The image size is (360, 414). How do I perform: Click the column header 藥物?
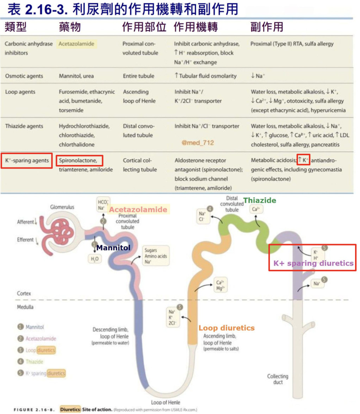click(70, 27)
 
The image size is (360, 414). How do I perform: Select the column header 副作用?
click(267, 27)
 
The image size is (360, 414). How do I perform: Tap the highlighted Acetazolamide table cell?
click(76, 44)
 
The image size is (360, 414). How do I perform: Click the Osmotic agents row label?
click(24, 76)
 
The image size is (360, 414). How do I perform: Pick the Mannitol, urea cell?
click(76, 76)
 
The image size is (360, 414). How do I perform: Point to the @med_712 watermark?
click(198, 143)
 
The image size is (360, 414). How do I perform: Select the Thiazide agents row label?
click(24, 126)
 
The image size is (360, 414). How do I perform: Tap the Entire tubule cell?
click(138, 76)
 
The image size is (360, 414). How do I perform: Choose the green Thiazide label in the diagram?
click(260, 201)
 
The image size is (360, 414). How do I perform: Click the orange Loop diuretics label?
click(226, 328)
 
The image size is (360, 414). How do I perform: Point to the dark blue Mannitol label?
click(113, 248)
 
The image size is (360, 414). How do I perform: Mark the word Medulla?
click(25, 307)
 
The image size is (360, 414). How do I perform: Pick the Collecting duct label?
click(278, 379)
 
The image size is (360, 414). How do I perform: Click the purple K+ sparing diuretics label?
click(313, 263)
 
